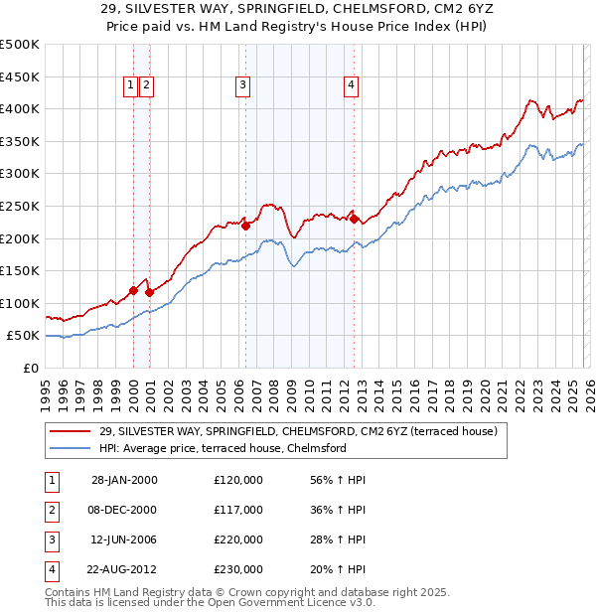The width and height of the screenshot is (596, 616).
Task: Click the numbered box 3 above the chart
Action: (242, 86)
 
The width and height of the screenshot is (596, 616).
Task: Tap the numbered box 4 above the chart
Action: (352, 86)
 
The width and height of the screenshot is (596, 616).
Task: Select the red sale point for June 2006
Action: (245, 226)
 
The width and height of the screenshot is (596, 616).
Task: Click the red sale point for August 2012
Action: (354, 219)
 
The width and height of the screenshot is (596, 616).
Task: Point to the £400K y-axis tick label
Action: (20, 109)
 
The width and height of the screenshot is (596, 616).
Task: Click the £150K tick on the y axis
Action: (20, 270)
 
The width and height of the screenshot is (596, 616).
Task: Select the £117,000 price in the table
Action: (237, 510)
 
